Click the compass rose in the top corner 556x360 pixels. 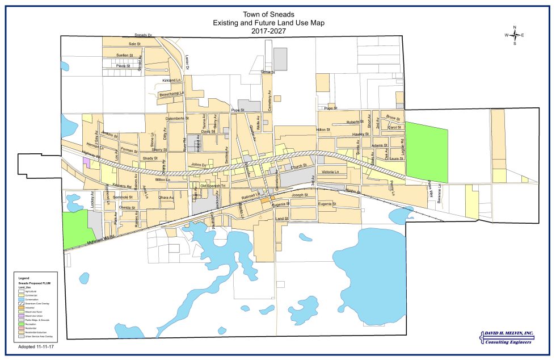pos(515,35)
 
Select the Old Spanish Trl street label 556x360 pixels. pos(213,186)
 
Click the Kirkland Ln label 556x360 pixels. pos(171,81)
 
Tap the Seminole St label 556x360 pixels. pos(123,197)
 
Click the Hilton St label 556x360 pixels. pos(323,130)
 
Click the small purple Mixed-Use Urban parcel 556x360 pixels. pos(86,161)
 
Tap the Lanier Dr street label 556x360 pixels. pos(188,63)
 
